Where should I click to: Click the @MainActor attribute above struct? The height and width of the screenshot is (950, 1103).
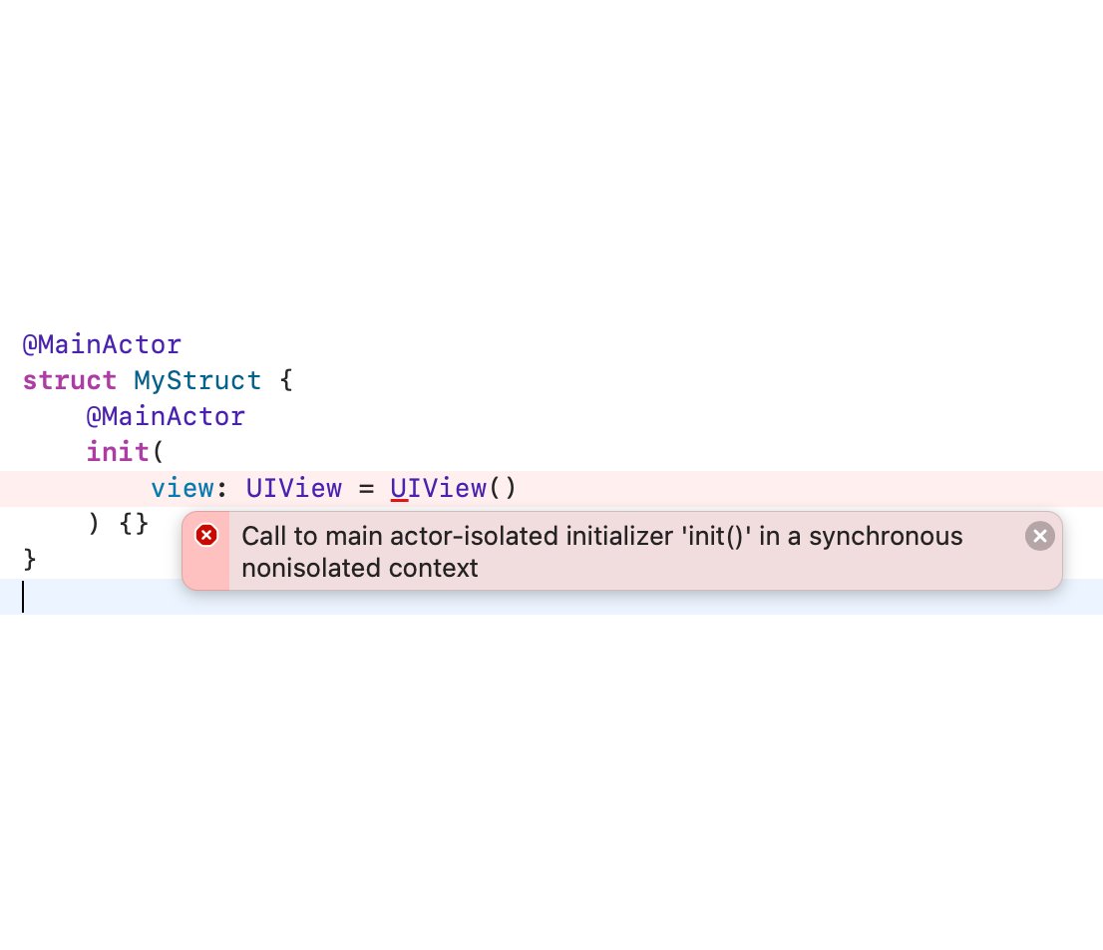(102, 345)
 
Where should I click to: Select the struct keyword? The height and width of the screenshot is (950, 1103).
(70, 381)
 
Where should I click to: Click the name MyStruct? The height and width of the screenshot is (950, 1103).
(197, 381)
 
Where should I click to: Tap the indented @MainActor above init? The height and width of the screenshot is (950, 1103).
(166, 416)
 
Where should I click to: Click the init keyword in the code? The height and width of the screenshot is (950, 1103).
(118, 452)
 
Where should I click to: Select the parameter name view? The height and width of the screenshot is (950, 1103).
(182, 488)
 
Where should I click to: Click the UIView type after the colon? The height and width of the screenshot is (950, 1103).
(293, 488)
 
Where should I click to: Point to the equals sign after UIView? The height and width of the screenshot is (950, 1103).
(366, 488)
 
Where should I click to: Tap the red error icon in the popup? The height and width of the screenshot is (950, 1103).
(206, 536)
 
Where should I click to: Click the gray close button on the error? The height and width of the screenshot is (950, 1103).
(1039, 537)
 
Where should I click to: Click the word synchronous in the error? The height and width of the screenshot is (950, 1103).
(886, 537)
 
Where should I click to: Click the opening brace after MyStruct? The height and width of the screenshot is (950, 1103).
(286, 381)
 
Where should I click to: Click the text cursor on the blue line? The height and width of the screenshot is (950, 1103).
(23, 596)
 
